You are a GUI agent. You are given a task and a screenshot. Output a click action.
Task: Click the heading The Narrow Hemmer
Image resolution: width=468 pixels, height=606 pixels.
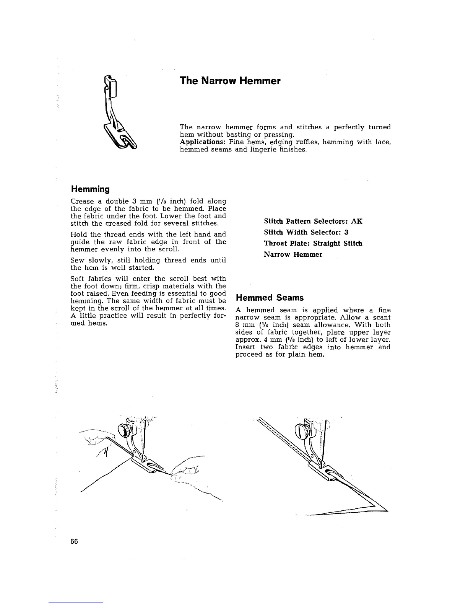pyautogui.click(x=230, y=81)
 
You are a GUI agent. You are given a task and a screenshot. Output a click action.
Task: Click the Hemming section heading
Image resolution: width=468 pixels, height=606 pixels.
pyautogui.click(x=90, y=189)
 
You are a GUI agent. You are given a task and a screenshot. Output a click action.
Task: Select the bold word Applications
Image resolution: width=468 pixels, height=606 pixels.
pyautogui.click(x=198, y=142)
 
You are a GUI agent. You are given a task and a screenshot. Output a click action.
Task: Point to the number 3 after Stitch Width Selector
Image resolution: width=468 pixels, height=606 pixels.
pyautogui.click(x=346, y=232)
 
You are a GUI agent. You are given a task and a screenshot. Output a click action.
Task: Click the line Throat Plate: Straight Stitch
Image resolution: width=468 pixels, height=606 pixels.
pyautogui.click(x=313, y=243)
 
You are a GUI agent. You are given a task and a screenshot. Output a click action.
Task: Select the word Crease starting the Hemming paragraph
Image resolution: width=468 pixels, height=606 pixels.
pyautogui.click(x=82, y=201)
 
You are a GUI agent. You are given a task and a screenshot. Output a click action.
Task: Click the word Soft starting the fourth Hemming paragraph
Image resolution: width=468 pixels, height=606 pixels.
pyautogui.click(x=78, y=279)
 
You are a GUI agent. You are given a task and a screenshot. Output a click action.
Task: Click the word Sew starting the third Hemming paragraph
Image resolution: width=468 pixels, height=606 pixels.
pyautogui.click(x=78, y=260)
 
